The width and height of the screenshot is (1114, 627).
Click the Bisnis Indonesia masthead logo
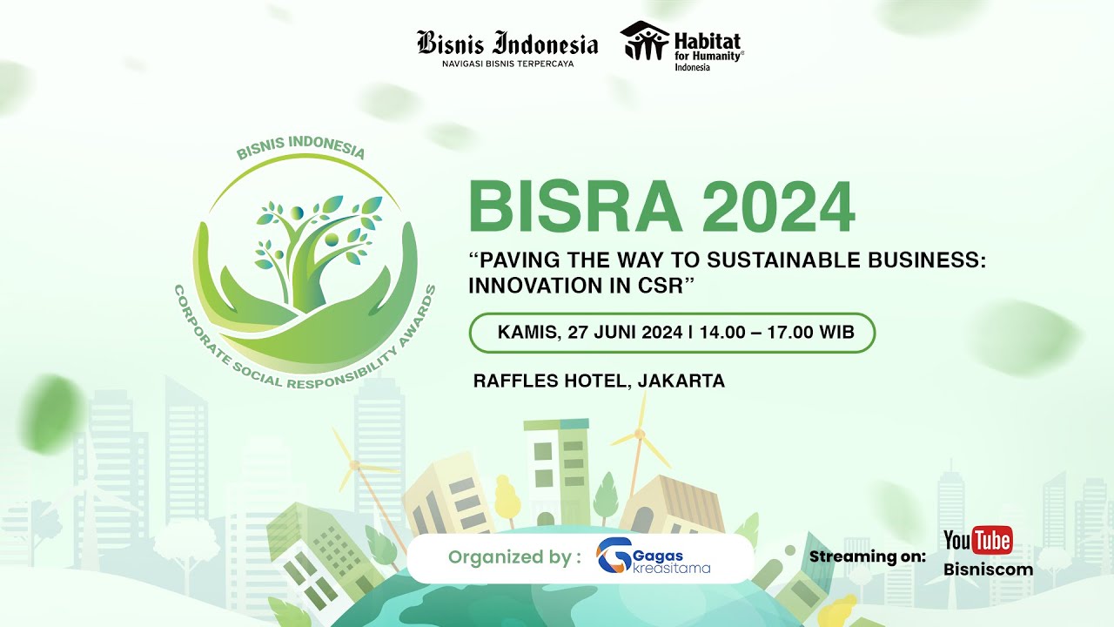pyautogui.click(x=507, y=43)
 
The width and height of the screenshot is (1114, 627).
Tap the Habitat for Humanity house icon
pyautogui.click(x=645, y=41)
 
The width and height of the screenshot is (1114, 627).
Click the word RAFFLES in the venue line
pyautogui.click(x=513, y=381)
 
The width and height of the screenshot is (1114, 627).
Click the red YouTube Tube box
pyautogui.click(x=992, y=541)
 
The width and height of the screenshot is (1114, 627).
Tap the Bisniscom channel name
pyautogui.click(x=989, y=570)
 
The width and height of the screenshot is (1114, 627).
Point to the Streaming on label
pyautogui.click(x=867, y=556)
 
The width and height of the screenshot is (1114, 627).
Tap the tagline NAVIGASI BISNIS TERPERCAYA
pyautogui.click(x=507, y=64)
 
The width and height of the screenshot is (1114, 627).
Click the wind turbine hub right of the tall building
pyautogui.click(x=640, y=434)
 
